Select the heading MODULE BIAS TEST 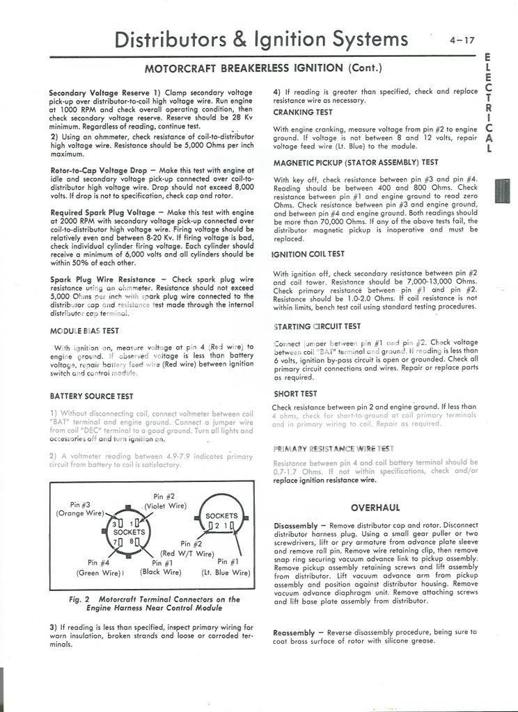[84, 330]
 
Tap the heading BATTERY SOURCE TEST [91, 396]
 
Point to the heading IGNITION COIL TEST [308, 254]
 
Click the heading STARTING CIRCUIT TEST [317, 326]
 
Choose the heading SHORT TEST [295, 394]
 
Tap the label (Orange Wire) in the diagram [79, 513]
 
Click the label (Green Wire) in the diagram [99, 573]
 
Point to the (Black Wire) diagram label [160, 572]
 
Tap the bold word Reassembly [299, 632]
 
